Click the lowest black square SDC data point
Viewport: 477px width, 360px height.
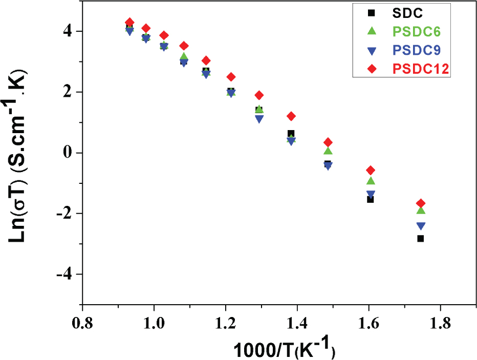click(x=421, y=239)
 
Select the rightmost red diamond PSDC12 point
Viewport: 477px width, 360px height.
click(x=421, y=203)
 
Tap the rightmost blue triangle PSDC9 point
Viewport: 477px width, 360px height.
click(x=421, y=226)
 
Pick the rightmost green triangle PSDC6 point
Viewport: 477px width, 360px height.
click(x=421, y=210)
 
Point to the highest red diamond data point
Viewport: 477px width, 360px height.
click(x=129, y=22)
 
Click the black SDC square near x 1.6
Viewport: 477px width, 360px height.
click(x=370, y=199)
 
